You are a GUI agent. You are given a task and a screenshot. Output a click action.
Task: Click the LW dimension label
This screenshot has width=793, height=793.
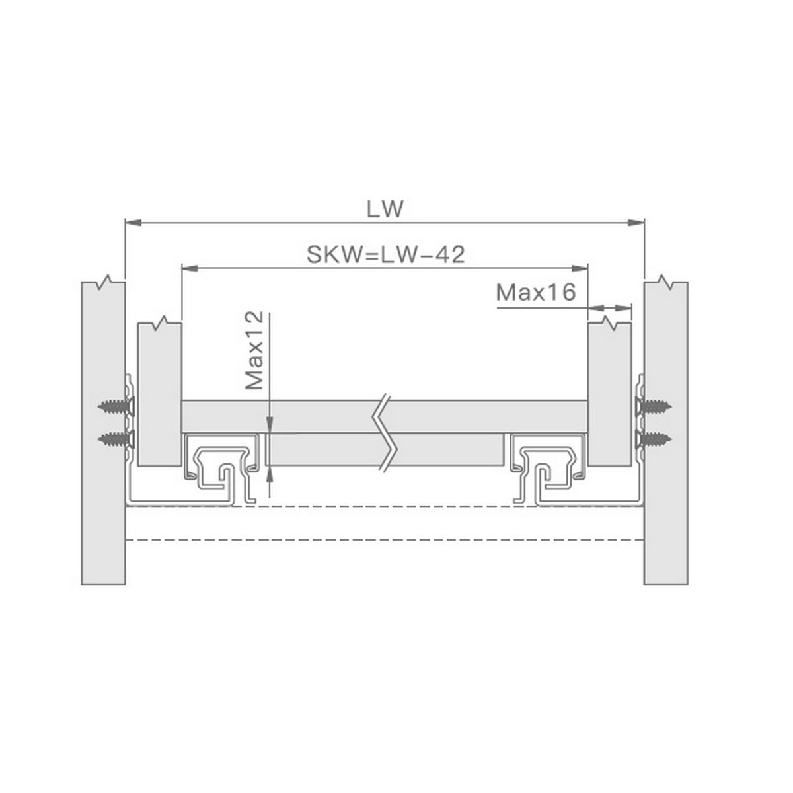click(385, 209)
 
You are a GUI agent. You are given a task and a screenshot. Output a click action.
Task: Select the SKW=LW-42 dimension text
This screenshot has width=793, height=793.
click(385, 254)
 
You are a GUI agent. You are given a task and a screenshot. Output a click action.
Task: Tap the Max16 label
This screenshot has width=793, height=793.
click(536, 293)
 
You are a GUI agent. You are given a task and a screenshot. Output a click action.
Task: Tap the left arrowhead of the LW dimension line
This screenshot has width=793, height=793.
click(133, 223)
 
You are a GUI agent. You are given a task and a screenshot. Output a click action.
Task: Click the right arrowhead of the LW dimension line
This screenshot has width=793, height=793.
click(636, 223)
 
